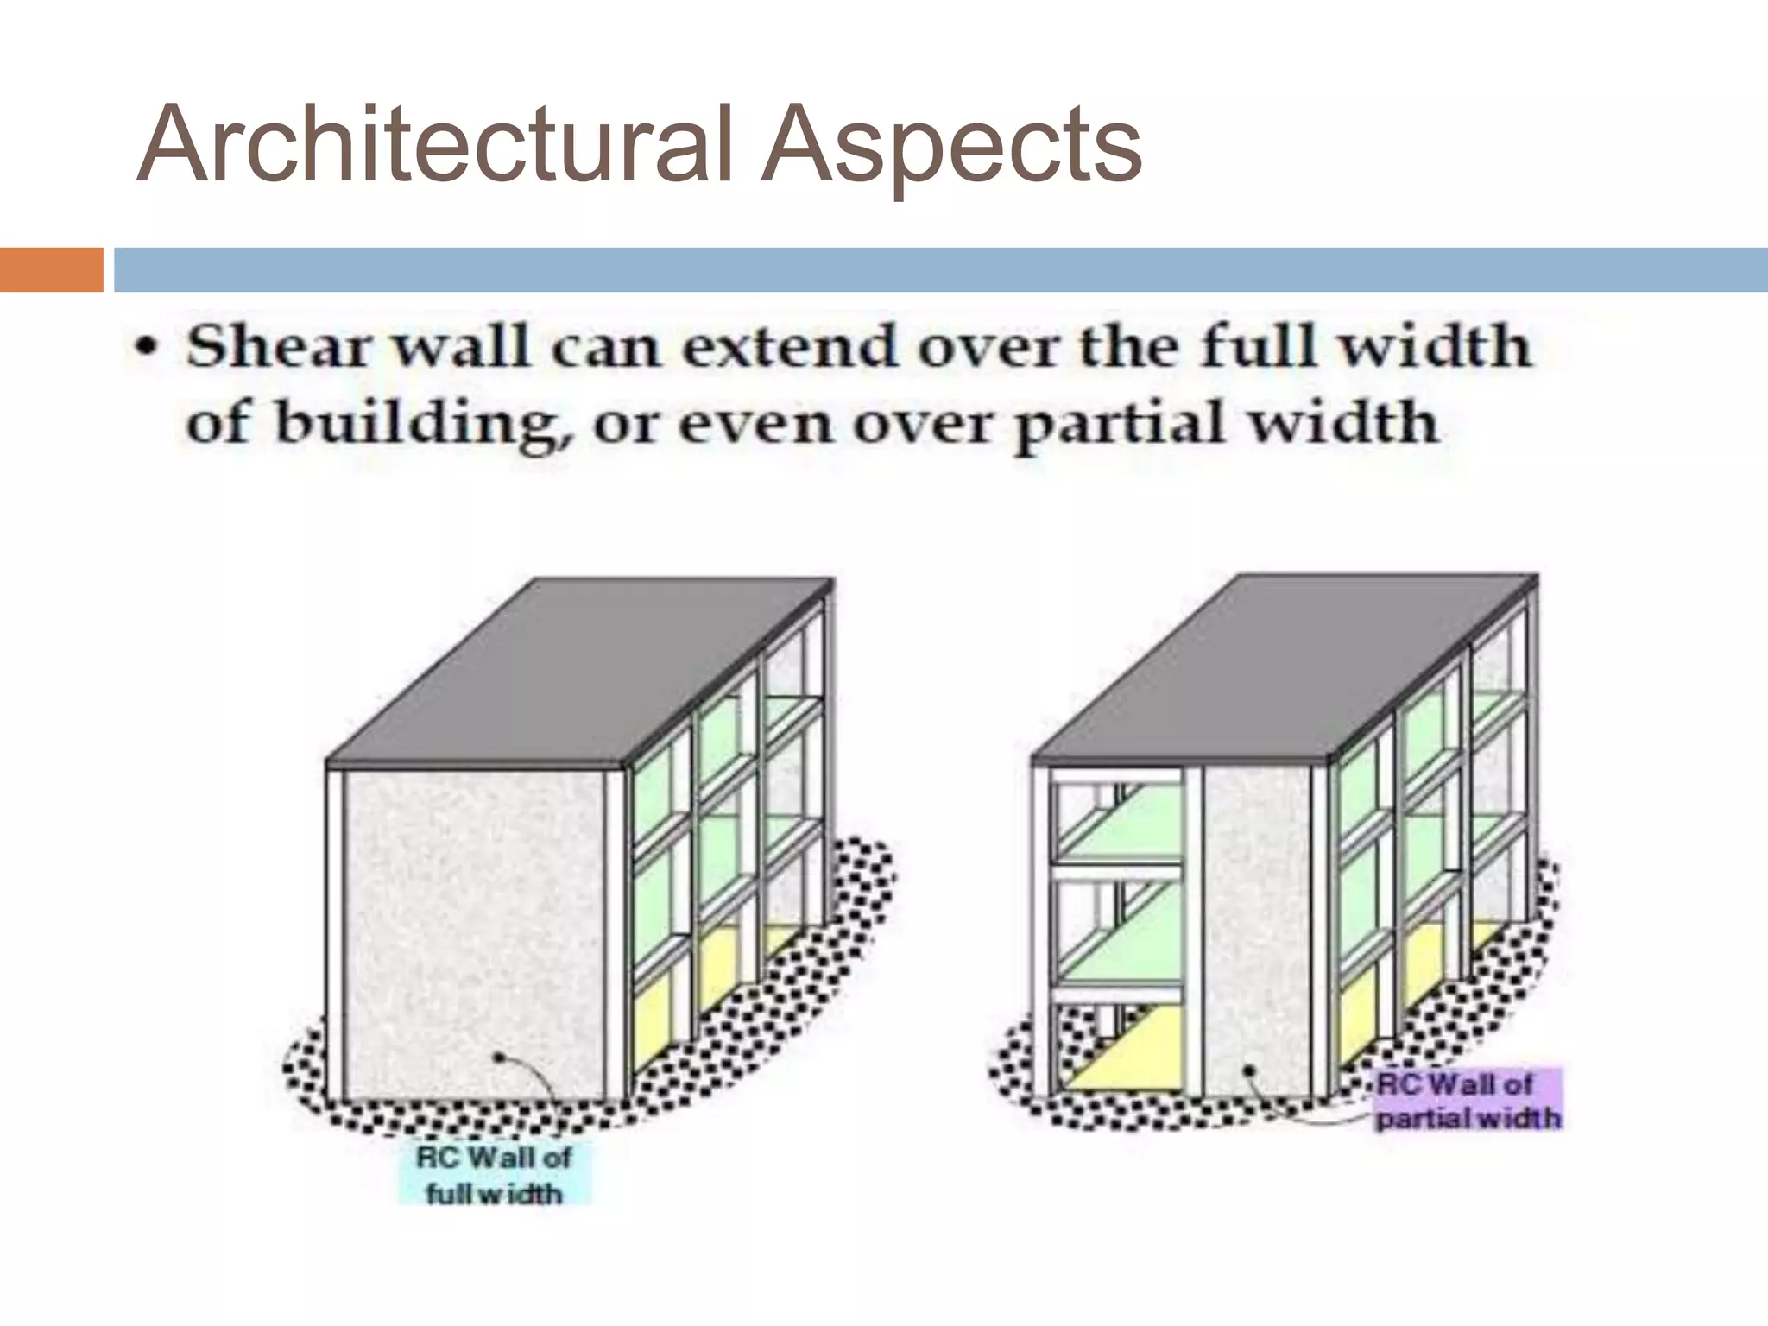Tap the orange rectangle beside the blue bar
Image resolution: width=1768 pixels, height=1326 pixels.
click(51, 269)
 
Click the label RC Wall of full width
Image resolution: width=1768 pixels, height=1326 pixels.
click(494, 1175)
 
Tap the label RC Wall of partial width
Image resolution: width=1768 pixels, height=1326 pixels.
click(1468, 1100)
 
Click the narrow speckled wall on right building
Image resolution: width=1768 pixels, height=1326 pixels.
click(1256, 932)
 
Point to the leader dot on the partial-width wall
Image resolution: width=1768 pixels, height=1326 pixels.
click(1248, 1070)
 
